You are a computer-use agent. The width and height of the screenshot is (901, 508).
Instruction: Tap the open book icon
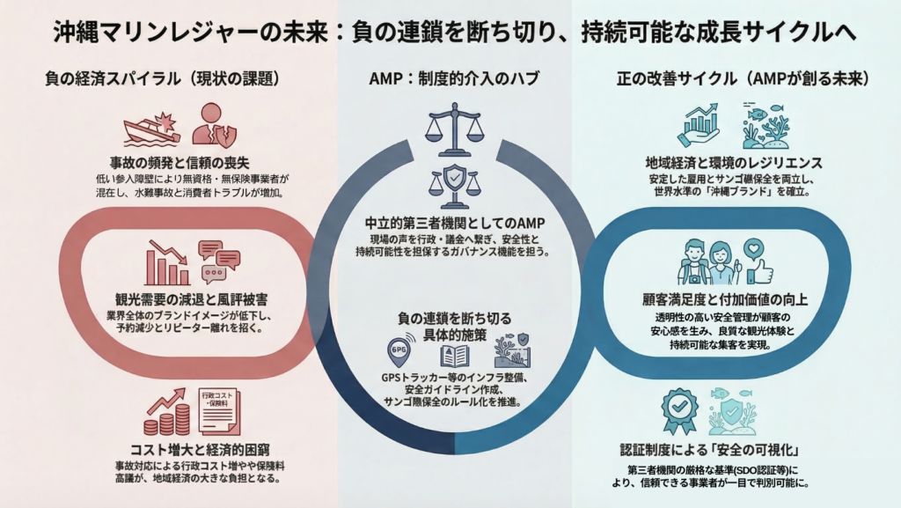(454, 355)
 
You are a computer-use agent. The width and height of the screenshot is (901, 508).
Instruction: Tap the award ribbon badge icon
(679, 412)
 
